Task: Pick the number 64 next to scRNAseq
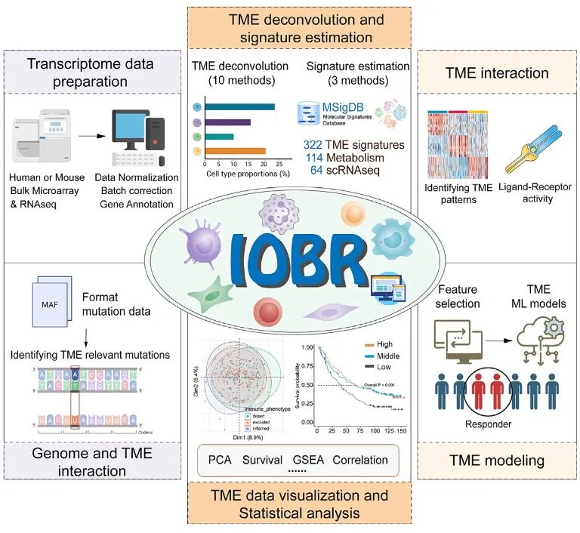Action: point(318,171)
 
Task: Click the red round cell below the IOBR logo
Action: point(267,311)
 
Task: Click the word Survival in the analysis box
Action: point(263,459)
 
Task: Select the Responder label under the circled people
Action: point(489,424)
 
